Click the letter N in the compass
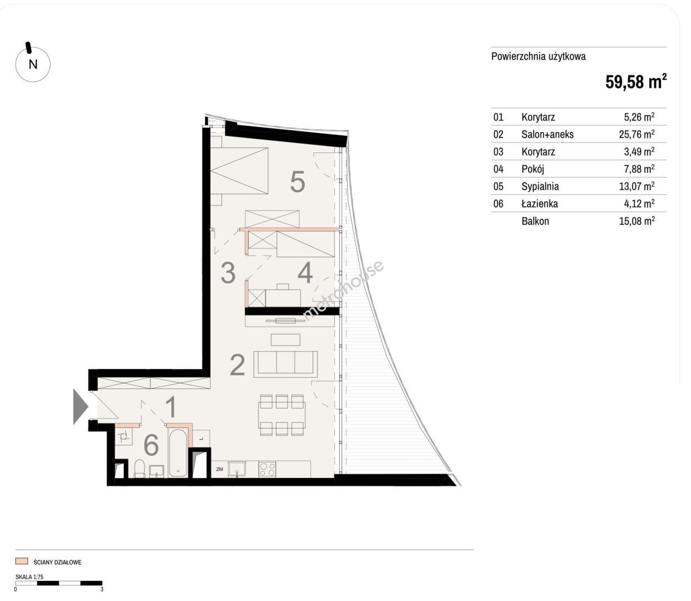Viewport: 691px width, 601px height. tap(33, 64)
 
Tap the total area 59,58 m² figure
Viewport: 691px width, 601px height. tap(636, 81)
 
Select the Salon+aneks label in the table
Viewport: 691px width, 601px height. tap(547, 135)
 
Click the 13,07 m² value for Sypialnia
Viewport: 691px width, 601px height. tap(636, 186)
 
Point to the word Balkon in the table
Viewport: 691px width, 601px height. tap(535, 221)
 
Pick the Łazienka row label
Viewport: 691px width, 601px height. tap(540, 204)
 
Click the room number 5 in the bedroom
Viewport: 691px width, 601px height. tap(298, 182)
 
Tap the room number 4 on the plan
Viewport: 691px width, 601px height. tap(305, 273)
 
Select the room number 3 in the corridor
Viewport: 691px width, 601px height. tap(228, 273)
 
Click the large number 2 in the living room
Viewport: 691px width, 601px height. tap(237, 365)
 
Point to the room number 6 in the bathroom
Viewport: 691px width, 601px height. tap(151, 445)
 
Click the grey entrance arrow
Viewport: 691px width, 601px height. tap(80, 406)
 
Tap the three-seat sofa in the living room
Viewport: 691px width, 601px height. tap(285, 364)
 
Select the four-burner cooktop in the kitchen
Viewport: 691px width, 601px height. tap(267, 469)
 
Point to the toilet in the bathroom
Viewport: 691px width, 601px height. tap(139, 468)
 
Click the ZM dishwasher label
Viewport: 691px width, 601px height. tap(220, 469)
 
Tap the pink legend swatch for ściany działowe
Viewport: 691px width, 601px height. tap(22, 561)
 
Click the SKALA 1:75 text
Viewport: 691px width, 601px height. tap(29, 577)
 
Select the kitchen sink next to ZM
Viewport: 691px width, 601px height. tap(237, 469)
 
